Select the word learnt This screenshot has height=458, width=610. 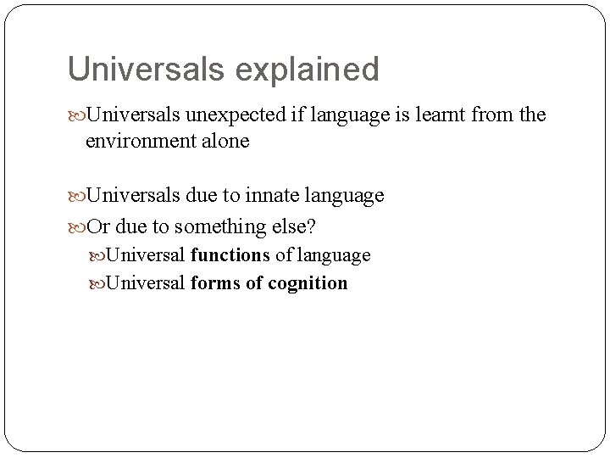445,114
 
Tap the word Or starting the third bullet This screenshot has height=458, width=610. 99,226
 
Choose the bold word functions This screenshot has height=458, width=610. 230,254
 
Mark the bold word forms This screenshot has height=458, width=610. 215,282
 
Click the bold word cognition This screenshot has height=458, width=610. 308,283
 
